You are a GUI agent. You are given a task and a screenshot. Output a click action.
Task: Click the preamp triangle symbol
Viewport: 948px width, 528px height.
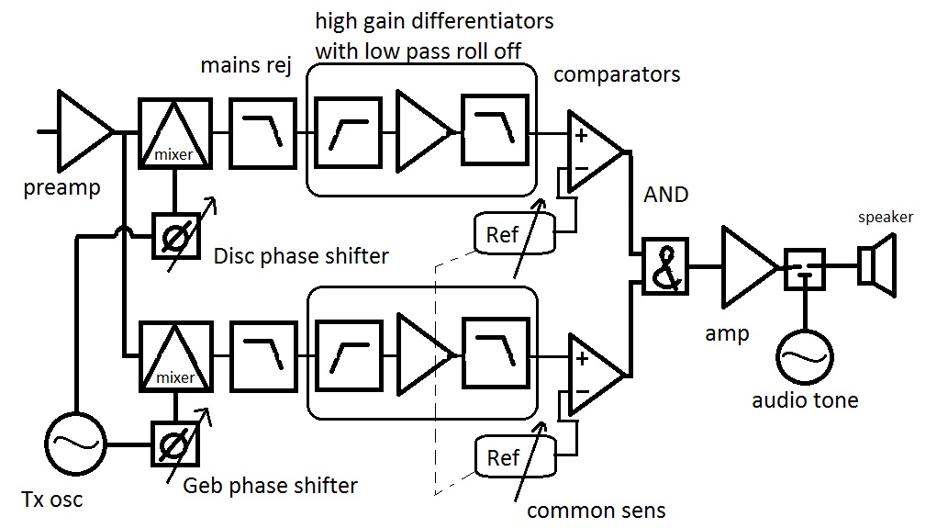coord(84,130)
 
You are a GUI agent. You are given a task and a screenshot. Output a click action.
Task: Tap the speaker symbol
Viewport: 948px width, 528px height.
coord(877,264)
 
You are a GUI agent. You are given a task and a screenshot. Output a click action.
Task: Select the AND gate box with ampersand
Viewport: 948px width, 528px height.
coord(665,266)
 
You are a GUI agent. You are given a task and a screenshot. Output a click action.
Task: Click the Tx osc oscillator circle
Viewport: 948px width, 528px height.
coord(76,444)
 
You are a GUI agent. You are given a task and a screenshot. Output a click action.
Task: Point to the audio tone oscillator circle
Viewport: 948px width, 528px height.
coord(805,357)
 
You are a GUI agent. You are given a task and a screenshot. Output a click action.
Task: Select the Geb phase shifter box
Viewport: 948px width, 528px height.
coord(174,444)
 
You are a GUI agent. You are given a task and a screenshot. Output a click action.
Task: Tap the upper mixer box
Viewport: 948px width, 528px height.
coord(175,133)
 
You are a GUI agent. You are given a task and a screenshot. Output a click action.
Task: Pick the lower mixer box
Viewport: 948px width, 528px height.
coord(176,357)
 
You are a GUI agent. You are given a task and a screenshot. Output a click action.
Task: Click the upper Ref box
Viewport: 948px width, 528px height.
coord(515,233)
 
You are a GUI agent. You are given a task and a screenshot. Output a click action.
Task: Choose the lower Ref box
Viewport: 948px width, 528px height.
coord(515,456)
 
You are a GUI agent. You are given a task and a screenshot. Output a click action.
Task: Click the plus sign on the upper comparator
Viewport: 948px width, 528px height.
coord(581,135)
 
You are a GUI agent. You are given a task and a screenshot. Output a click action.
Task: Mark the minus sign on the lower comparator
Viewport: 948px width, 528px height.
coord(582,391)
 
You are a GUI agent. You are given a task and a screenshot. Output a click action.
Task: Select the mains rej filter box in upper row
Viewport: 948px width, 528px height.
coord(262,133)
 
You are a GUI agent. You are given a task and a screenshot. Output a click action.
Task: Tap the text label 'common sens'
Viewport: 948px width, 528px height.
coord(597,511)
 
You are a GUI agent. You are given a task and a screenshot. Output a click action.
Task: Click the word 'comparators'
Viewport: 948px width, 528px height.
coord(617,74)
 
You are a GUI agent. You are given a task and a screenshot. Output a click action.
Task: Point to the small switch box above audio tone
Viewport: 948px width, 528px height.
coord(805,269)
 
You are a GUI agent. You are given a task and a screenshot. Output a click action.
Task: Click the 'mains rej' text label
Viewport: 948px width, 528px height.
coord(246,65)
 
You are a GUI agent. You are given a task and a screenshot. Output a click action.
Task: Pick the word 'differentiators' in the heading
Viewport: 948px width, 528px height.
coord(482,21)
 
